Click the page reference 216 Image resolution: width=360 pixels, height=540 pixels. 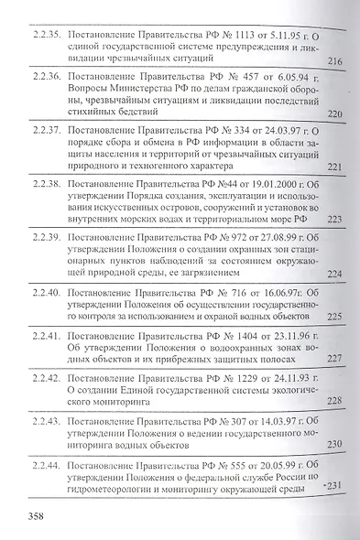click(x=333, y=62)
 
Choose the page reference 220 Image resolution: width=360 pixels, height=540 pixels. click(x=333, y=114)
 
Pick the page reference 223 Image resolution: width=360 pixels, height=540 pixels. click(x=333, y=220)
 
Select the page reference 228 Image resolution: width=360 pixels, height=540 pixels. click(x=333, y=401)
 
